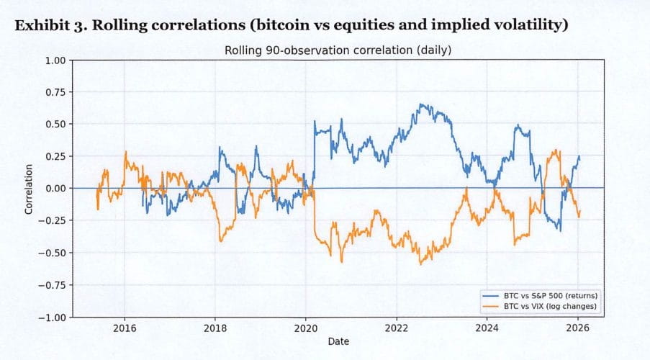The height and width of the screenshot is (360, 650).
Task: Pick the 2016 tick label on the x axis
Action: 125,328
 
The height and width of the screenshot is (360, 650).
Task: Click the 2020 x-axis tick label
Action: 306,328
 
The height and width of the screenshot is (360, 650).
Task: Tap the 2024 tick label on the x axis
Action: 487,328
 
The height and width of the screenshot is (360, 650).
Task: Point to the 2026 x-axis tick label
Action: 578,328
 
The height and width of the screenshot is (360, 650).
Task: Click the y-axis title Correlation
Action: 29,189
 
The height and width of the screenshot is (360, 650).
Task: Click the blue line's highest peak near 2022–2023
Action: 420,104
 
